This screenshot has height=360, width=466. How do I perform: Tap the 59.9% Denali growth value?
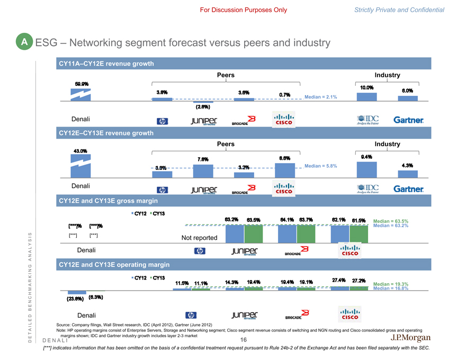coord(82,83)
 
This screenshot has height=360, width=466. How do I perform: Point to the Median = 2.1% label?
coord(321,97)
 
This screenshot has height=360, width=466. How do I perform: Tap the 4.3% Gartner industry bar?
coord(407,174)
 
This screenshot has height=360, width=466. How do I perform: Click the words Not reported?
coord(199,238)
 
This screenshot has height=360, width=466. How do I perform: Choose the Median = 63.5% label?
coord(391,221)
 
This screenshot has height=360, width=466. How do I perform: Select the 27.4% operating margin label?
coord(339,280)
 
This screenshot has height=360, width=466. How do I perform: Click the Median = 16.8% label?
coord(391,289)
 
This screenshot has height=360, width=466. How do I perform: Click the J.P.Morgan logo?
coord(410,338)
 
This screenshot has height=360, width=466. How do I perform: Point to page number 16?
coord(244,340)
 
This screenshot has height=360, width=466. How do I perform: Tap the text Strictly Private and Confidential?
coord(399,10)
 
